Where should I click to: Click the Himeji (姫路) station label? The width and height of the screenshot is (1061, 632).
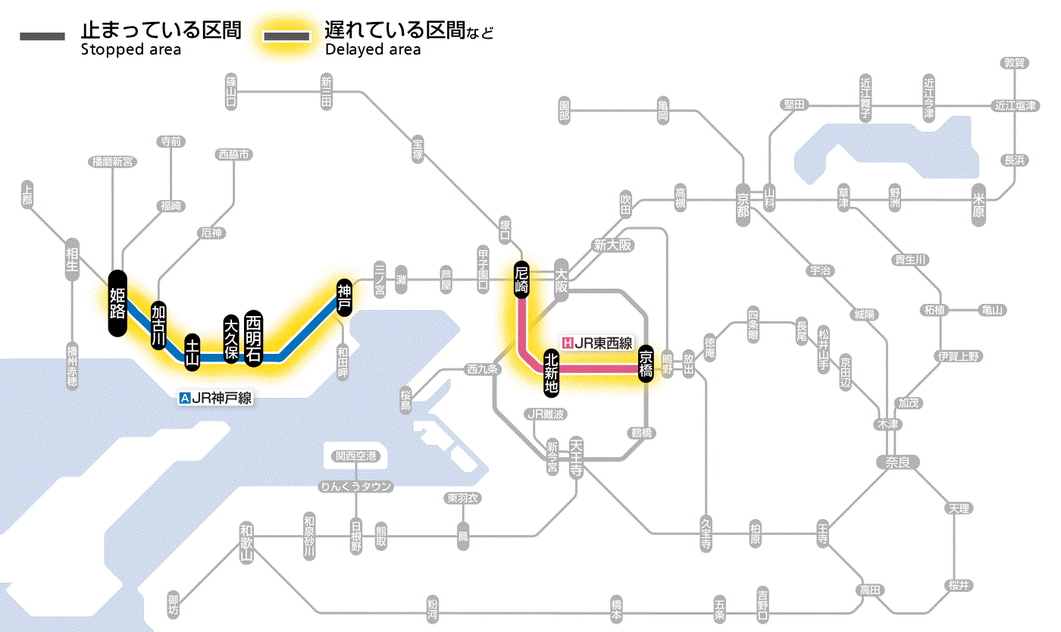click(x=116, y=303)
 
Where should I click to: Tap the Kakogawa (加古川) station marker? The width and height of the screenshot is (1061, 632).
click(x=158, y=326)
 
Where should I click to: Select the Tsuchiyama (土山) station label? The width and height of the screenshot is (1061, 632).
click(x=193, y=352)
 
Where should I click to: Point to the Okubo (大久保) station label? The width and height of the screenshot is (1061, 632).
click(x=231, y=337)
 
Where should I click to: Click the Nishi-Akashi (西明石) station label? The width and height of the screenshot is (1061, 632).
click(x=253, y=339)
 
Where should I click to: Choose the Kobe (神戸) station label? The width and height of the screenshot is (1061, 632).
click(x=344, y=297)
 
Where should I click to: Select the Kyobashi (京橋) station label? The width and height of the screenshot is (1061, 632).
click(x=646, y=363)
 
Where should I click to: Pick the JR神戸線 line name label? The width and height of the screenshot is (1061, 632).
click(x=215, y=397)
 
